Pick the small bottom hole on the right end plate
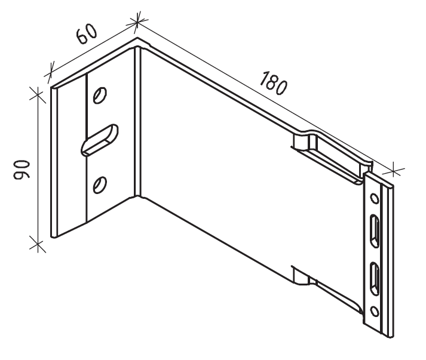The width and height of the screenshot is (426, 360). click(375, 310)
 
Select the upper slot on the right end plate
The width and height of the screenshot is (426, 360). click(375, 230)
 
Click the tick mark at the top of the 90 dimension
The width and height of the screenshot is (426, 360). click(37, 94)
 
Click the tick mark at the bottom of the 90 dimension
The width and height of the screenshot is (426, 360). click(37, 244)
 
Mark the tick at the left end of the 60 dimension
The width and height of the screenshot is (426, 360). click(50, 75)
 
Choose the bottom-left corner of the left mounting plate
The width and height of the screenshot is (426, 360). click(53, 238)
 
